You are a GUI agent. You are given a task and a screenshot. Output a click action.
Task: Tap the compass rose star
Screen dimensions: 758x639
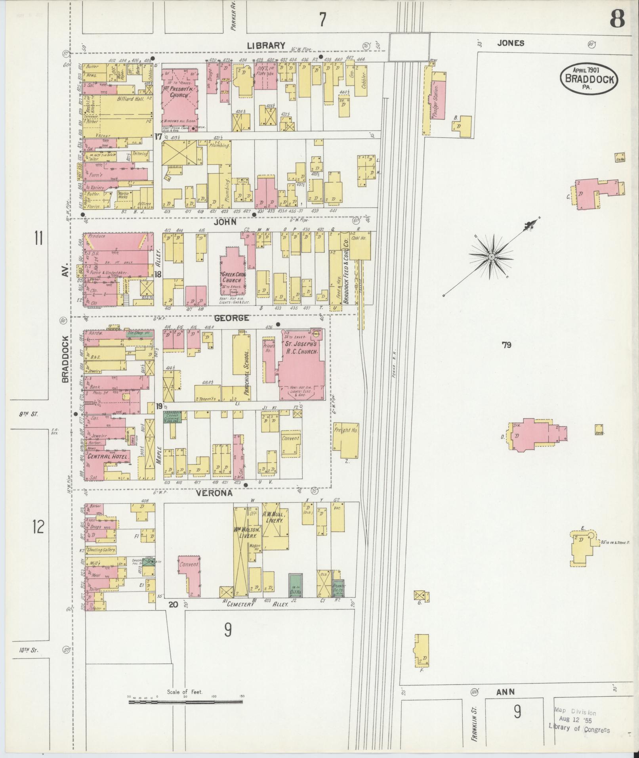[491, 257]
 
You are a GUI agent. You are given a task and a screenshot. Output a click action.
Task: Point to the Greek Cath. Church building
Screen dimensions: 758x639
[233, 273]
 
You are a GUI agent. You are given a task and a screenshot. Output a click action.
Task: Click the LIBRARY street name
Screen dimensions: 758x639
[266, 46]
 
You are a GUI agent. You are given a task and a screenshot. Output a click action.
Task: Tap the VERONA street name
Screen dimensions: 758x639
[214, 494]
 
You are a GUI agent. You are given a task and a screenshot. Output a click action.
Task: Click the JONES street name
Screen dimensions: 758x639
[511, 43]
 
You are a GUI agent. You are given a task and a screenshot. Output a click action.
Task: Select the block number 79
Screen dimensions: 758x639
[506, 345]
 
